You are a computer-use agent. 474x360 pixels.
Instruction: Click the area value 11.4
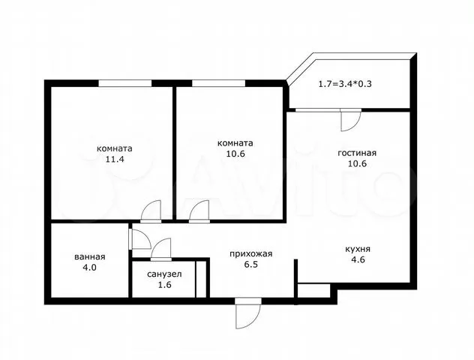click(115, 159)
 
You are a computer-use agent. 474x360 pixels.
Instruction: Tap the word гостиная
click(357, 153)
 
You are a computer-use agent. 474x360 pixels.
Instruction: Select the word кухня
click(358, 249)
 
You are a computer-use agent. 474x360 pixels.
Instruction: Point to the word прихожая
click(251, 254)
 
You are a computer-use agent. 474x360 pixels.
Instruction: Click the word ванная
click(90, 257)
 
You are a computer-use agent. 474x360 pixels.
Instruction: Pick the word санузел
click(164, 274)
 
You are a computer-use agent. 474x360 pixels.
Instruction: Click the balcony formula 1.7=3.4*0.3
click(345, 84)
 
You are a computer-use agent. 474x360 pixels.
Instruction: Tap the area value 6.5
click(251, 265)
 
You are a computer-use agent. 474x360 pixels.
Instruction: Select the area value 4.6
click(358, 259)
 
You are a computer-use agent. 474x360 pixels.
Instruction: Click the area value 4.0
click(90, 268)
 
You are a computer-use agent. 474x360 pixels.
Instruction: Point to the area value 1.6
click(165, 285)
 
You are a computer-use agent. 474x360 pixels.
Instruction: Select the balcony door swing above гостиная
click(351, 121)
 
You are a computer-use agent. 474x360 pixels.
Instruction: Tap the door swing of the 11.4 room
click(151, 210)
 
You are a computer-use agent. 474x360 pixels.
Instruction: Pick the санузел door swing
click(161, 248)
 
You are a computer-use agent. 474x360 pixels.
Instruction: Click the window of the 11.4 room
click(124, 83)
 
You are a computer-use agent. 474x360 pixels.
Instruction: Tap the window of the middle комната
click(218, 83)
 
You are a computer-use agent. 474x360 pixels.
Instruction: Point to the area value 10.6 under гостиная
click(357, 163)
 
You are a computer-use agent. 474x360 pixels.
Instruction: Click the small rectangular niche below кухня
click(313, 291)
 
